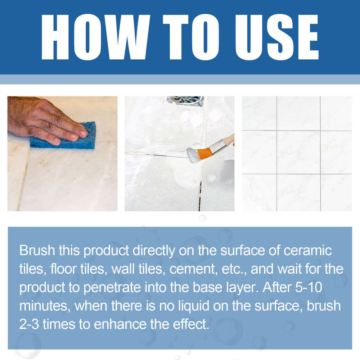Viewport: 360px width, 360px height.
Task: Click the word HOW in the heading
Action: tap(96, 37)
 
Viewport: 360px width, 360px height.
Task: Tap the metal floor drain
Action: tap(185, 101)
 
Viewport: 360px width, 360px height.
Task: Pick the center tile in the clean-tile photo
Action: tap(298, 152)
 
